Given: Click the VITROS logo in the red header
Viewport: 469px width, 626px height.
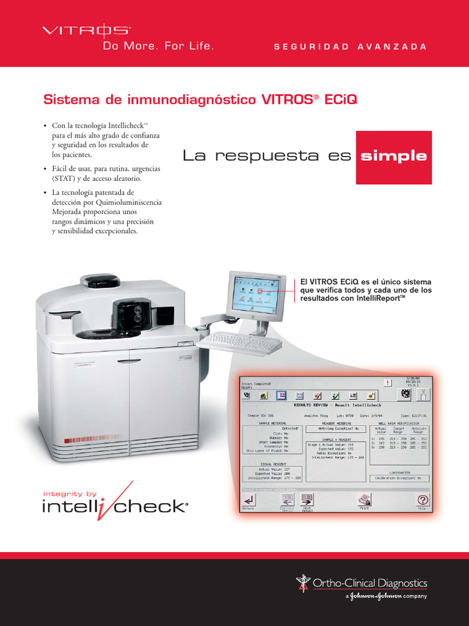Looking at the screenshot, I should coord(85,30).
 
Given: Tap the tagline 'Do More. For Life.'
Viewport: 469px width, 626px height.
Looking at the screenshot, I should coord(153,46).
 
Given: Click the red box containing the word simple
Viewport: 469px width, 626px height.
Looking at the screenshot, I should coord(393,156).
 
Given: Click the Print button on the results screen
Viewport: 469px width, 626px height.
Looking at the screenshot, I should coord(364,501).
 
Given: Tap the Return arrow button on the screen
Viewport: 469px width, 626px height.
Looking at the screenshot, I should coord(249,501).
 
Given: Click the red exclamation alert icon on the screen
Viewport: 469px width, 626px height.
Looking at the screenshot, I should coord(387,383).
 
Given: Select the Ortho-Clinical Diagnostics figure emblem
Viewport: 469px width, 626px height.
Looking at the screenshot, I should coord(304,583).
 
